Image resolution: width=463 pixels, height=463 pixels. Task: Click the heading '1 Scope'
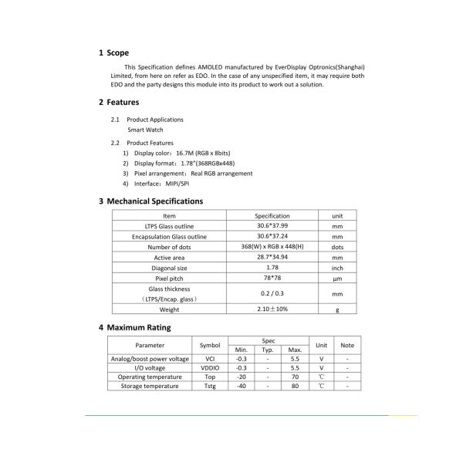(113, 53)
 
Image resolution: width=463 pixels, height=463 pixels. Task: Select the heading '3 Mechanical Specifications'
(150, 201)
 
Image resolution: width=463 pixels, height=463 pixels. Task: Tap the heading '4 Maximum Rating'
(134, 327)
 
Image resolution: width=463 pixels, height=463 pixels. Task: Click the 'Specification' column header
(272, 216)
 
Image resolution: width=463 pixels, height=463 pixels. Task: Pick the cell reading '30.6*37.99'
(272, 226)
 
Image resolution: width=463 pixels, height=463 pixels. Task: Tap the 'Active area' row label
(169, 258)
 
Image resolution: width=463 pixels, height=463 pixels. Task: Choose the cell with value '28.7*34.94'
(272, 257)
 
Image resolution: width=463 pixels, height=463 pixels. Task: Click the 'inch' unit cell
(337, 268)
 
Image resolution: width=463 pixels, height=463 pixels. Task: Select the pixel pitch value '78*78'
(272, 278)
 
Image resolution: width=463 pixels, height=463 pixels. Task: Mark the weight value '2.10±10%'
(272, 309)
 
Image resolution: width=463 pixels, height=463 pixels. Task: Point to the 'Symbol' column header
(210, 345)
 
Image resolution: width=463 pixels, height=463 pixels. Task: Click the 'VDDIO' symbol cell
(210, 368)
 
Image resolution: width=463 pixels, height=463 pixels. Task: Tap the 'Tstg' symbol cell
(210, 386)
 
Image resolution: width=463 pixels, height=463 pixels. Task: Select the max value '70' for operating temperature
(295, 377)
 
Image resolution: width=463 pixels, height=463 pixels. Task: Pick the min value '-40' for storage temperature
(242, 386)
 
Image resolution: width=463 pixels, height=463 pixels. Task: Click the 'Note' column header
(347, 345)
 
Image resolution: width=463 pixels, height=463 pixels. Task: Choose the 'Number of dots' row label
(169, 247)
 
